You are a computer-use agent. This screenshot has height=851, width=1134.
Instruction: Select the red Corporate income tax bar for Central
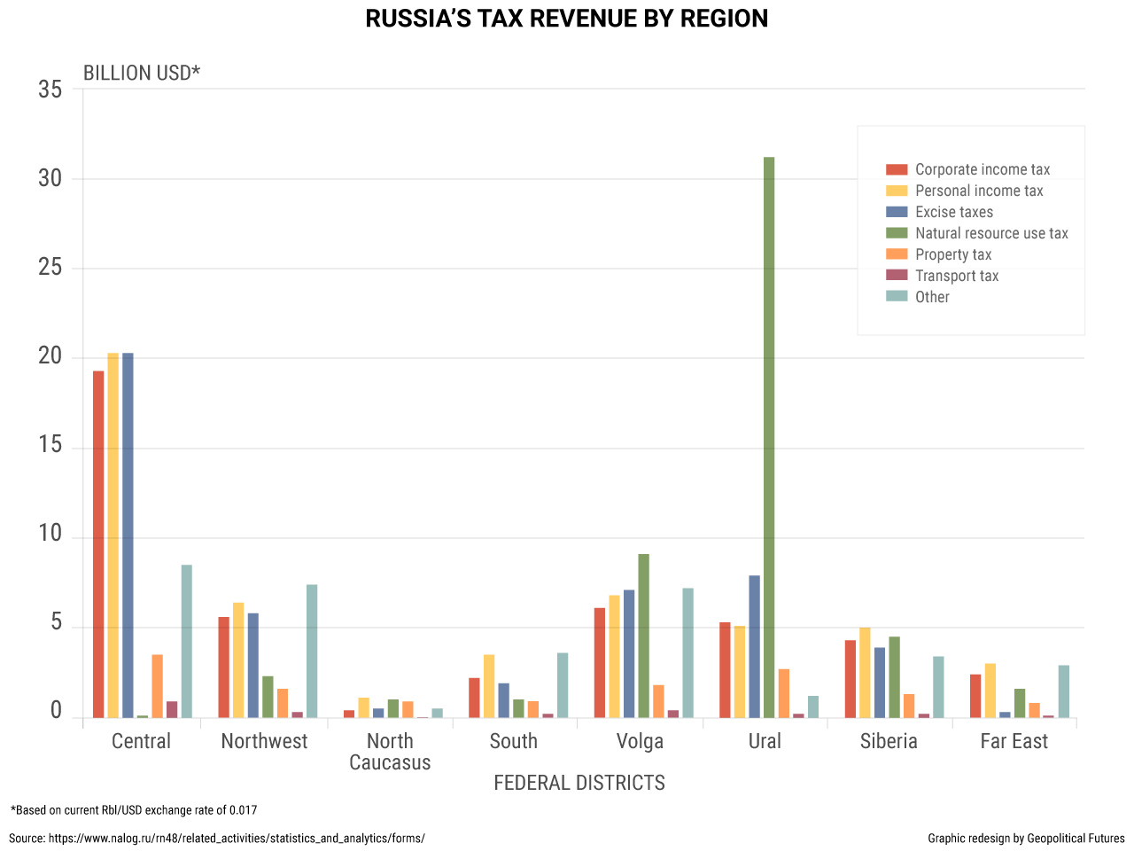coord(98,544)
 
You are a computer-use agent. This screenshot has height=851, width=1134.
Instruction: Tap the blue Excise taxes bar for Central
coord(128,535)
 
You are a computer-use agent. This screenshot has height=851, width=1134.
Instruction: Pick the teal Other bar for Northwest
coord(312,651)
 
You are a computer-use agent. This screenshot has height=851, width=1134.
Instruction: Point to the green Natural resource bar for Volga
coord(644,636)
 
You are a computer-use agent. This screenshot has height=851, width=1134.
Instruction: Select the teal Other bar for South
coord(563,685)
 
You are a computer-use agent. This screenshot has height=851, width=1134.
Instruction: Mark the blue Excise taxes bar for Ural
coord(754,646)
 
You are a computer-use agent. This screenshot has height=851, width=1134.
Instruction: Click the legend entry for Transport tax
coord(956,276)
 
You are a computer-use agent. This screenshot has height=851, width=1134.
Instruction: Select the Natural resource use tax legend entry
coord(990,233)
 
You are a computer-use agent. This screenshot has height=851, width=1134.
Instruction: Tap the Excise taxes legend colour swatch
coord(897,212)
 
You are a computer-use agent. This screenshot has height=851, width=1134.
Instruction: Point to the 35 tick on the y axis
coord(50,89)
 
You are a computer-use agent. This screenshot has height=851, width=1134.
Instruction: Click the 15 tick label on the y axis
coord(50,445)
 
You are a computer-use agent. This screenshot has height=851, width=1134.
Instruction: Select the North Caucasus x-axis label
coord(390,752)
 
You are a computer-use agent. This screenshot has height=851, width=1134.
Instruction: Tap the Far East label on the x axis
coord(1014,741)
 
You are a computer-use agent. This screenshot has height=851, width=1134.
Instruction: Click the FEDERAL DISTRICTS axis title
coord(579,783)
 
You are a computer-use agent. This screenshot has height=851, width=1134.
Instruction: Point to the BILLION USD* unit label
coord(142,73)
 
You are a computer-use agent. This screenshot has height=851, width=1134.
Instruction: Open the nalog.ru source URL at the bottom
coord(237,838)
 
